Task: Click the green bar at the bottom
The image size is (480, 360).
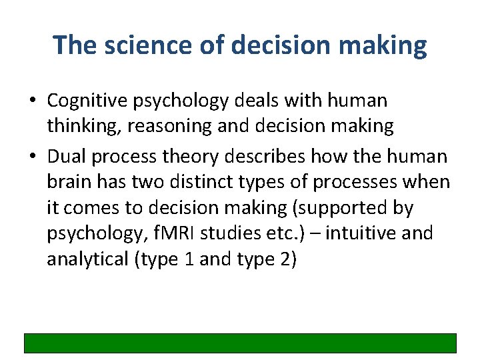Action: coord(240,343)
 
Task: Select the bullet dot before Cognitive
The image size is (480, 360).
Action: coord(32,102)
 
